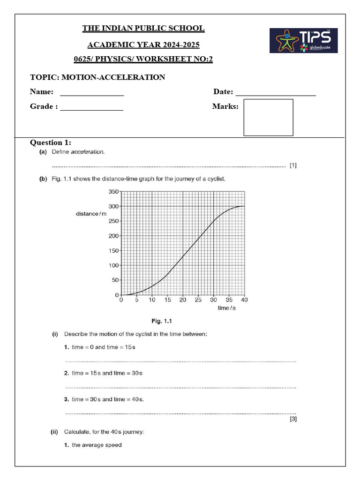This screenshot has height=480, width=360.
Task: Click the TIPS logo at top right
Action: tap(303, 40)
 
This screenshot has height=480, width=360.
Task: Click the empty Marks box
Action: tap(268, 117)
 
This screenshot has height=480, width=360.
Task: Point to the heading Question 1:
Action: tap(51, 142)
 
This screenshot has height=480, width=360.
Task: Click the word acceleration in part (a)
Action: tap(88, 152)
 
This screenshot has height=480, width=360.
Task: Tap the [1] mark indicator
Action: tap(293, 165)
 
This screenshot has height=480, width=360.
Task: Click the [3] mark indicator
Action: tap(293, 419)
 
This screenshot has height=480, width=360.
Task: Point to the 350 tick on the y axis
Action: tap(114, 192)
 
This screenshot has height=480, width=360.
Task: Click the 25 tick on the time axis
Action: tap(198, 300)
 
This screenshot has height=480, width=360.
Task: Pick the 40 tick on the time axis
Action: tap(244, 300)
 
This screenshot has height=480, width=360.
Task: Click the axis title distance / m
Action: tap(91, 214)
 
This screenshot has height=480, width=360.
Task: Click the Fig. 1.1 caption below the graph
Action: tap(163, 321)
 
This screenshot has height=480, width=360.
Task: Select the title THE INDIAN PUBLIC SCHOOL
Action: tap(143, 29)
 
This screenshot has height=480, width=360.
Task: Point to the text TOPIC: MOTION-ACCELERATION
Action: tap(97, 77)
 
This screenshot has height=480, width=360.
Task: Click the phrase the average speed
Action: tap(97, 445)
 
